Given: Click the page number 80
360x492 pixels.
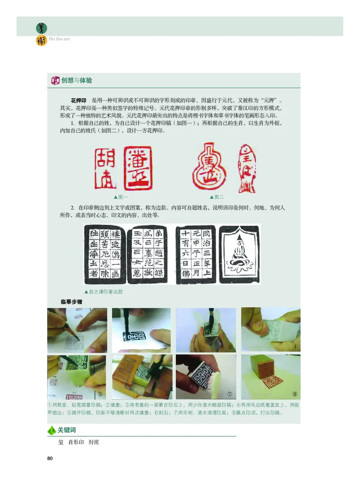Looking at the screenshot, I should tap(50, 459).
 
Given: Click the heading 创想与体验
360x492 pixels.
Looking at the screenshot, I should tap(76, 81).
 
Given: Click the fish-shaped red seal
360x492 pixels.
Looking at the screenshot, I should tap(246, 167).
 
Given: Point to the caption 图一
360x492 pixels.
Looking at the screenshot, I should tap(121, 197).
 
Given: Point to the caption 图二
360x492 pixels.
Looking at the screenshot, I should tap(217, 197).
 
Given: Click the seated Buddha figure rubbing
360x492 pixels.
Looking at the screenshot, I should tap(239, 254).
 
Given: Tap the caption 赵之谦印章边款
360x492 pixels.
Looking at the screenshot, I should tap(104, 291).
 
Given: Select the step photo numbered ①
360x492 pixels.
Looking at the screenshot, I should tap(77, 330).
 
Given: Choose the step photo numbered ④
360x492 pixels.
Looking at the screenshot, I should tap(271, 330).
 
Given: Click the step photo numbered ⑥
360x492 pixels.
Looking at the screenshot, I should tap(141, 377).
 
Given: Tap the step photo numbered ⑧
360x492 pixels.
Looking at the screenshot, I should tap(271, 377).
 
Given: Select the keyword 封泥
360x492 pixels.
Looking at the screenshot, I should tap(94, 443).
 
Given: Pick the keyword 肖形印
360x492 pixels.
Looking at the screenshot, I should tap(75, 443).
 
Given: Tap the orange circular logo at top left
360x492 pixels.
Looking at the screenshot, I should tap(41, 41).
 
